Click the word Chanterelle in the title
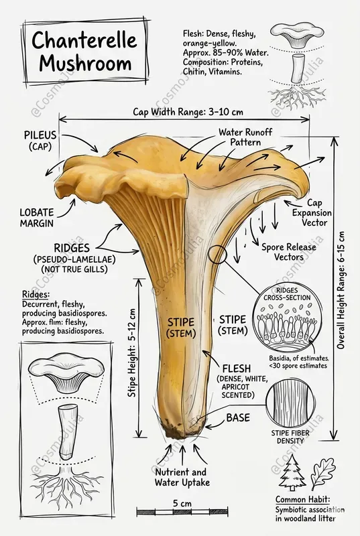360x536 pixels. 84,40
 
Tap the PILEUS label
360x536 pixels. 40,135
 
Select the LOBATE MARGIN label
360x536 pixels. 37,218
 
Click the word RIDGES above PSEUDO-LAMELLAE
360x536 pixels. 72,248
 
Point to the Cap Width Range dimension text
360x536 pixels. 188,112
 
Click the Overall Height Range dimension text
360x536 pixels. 341,290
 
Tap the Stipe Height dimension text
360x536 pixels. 132,353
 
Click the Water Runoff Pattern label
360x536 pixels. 245,137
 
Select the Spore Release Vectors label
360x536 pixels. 289,252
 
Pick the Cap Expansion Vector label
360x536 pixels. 312,212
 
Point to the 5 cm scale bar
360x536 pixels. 182,512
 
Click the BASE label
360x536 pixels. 238,417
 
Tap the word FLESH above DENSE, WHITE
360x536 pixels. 237,368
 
